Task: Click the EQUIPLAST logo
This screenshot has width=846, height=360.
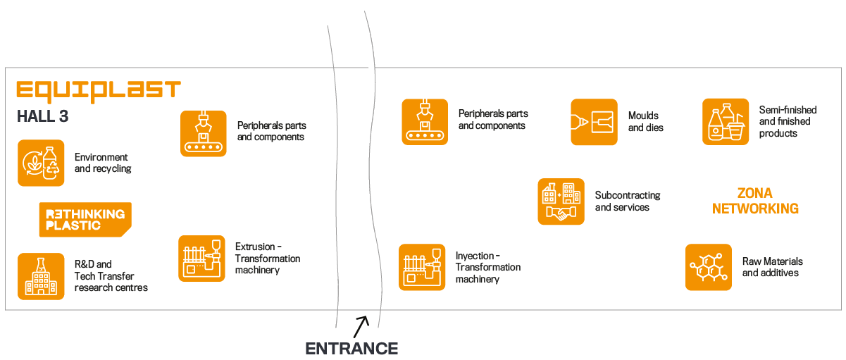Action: click(x=99, y=90)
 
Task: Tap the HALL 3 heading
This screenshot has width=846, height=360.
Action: click(x=42, y=117)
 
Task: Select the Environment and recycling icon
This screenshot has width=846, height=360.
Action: click(x=41, y=163)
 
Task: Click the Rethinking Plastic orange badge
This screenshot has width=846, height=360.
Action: click(x=85, y=219)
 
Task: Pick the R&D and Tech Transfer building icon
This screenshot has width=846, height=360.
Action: click(x=41, y=276)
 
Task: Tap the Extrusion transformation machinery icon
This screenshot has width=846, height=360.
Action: click(x=201, y=259)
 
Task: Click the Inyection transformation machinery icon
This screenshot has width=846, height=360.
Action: click(x=422, y=267)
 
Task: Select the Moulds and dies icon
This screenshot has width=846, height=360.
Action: click(x=594, y=122)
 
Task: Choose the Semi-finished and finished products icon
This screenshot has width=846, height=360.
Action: click(x=726, y=122)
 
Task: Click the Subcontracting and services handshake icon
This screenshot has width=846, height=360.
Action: click(x=561, y=201)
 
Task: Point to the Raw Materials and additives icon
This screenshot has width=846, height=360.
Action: click(x=709, y=267)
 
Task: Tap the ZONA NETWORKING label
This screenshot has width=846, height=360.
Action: click(x=755, y=201)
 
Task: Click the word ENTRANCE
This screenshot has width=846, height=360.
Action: click(x=352, y=348)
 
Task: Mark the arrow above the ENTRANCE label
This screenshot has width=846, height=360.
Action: click(x=361, y=326)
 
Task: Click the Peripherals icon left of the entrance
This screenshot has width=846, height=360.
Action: click(x=204, y=133)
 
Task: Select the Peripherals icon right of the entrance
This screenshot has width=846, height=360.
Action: click(x=425, y=122)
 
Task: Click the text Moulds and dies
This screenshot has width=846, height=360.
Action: click(x=645, y=122)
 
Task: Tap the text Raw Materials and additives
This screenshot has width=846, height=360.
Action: click(x=772, y=267)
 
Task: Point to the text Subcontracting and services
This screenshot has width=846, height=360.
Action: click(x=628, y=201)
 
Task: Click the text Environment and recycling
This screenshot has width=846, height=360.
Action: click(x=103, y=163)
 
